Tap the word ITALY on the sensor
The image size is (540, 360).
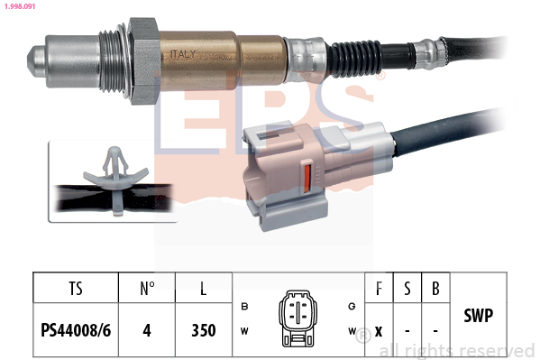[x=183, y=55]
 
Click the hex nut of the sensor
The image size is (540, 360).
[x=142, y=59]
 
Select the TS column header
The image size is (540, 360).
[x=75, y=289]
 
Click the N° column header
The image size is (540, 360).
[x=147, y=289]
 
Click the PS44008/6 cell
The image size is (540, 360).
[x=75, y=330]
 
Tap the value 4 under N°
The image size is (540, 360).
[x=147, y=330]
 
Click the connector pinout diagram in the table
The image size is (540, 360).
[x=297, y=318]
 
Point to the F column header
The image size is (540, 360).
[x=378, y=289]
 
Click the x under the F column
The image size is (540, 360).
[x=378, y=330]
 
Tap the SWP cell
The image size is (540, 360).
[x=477, y=318]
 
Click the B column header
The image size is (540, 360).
[x=435, y=289]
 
